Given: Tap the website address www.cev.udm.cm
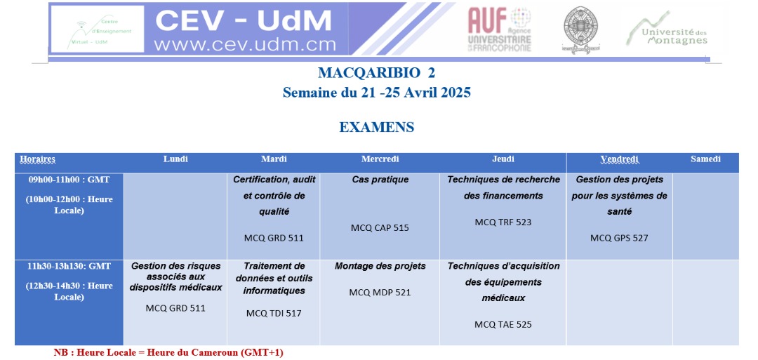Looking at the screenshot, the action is (245, 44).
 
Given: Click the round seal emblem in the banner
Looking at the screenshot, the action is (580, 29).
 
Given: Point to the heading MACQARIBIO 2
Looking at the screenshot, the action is (376, 73).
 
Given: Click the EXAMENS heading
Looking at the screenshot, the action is (377, 127).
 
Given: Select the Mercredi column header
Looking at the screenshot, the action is (380, 159).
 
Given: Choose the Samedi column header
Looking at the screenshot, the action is (705, 159).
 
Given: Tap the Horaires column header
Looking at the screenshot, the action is (37, 159).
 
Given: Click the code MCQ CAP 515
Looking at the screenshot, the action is (380, 228).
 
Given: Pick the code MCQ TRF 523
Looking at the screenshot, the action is (503, 222).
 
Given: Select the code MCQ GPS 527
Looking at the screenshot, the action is (619, 238).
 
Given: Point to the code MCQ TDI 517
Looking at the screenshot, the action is (274, 313).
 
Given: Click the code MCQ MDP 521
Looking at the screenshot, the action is (380, 293).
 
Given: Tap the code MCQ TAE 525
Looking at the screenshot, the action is (503, 325).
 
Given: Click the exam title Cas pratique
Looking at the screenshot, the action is (380, 180).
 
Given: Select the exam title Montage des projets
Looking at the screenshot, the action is (380, 266).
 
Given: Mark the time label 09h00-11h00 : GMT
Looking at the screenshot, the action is (69, 180).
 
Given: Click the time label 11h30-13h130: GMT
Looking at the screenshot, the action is (69, 266).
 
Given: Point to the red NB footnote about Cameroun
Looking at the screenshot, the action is (168, 352).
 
